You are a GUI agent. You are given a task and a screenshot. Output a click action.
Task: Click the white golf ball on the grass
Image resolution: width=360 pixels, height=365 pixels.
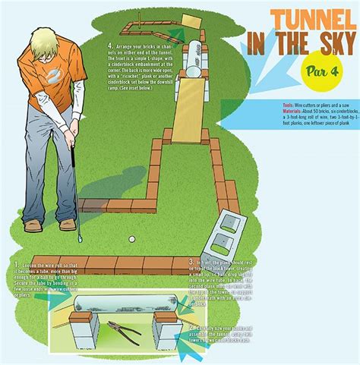point(131,239)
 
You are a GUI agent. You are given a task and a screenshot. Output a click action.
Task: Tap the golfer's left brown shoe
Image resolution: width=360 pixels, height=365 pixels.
point(32,225)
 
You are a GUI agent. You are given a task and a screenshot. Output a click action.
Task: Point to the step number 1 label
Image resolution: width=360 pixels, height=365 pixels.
point(17,264)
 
